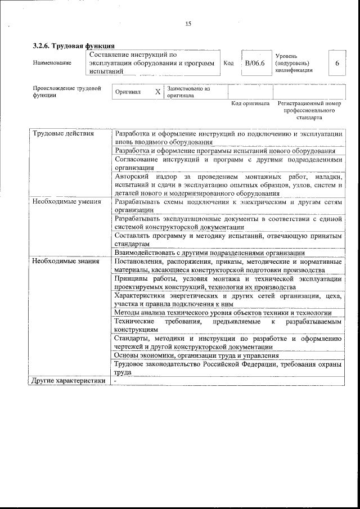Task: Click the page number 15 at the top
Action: [x=188, y=24]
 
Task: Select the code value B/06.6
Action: [x=255, y=64]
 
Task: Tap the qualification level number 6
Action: [x=336, y=64]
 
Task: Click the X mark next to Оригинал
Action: [x=157, y=92]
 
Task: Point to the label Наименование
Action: [x=52, y=63]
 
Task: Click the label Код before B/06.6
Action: [x=228, y=64]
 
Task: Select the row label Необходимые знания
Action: [x=65, y=261]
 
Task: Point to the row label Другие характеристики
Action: [x=69, y=381]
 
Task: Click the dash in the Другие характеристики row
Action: [x=115, y=381]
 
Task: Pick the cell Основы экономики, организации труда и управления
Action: [x=196, y=355]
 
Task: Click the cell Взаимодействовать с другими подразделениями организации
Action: [x=209, y=253]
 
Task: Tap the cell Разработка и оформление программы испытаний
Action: [x=225, y=151]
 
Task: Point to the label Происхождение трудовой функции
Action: [x=66, y=92]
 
